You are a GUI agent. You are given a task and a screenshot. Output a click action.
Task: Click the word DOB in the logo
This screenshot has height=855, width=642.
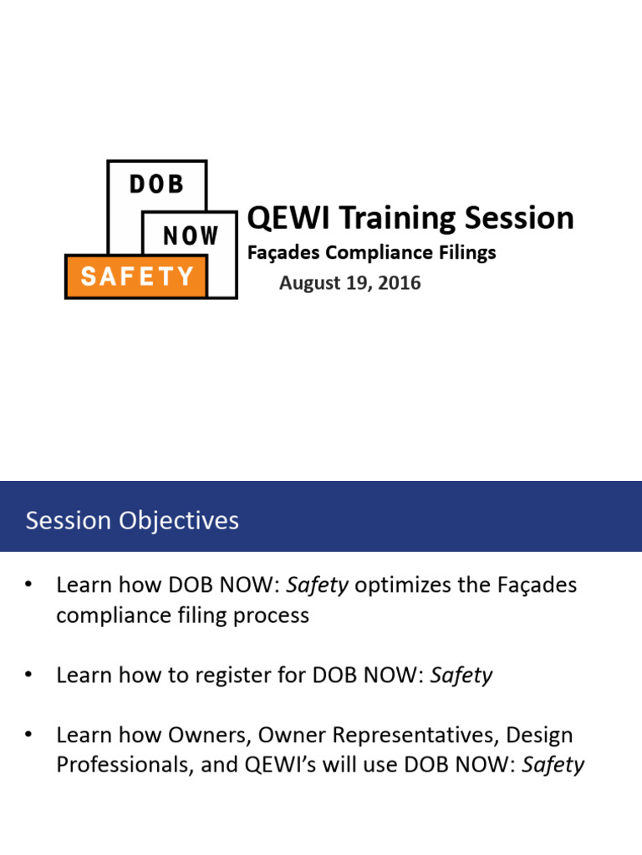[x=156, y=185]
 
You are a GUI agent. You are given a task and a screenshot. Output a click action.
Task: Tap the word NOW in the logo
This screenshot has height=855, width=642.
[x=191, y=236]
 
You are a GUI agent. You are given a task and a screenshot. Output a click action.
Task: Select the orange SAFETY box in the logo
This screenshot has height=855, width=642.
[x=136, y=276]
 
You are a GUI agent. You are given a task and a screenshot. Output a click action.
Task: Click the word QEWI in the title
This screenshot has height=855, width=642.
[x=288, y=218]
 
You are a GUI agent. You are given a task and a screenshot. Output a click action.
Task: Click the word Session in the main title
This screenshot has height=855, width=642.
[x=519, y=218]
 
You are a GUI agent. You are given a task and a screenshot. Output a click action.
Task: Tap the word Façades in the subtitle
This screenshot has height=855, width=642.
[x=283, y=253]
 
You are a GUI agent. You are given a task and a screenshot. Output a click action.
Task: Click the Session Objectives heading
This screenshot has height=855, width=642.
[x=132, y=520]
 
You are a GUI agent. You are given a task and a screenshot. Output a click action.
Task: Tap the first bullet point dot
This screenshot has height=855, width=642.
[x=28, y=584]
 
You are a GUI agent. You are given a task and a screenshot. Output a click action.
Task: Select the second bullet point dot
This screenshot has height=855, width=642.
[x=28, y=675]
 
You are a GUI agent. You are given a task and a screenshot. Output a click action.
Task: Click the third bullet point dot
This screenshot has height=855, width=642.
[x=28, y=735]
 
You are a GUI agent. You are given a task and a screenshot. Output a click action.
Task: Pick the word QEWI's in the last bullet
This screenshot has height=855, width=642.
[x=280, y=765]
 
